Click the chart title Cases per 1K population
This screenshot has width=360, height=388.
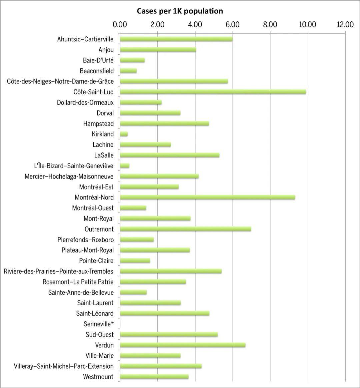pyautogui.click(x=180, y=11)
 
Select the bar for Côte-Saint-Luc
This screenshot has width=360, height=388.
pyautogui.click(x=213, y=92)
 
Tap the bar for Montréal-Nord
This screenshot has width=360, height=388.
pyautogui.click(x=207, y=198)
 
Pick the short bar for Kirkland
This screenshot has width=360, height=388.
pyautogui.click(x=124, y=134)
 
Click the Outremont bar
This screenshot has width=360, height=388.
pyautogui.click(x=185, y=229)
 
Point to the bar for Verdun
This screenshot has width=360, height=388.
pyautogui.click(x=183, y=345)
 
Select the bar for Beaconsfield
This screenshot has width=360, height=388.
pyautogui.click(x=128, y=71)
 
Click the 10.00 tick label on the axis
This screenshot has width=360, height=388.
pyautogui.click(x=307, y=25)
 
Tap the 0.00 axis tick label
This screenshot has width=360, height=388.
pyautogui.click(x=120, y=25)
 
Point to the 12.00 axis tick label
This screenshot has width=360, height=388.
pyautogui.click(x=345, y=25)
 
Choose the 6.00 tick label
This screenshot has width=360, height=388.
pyautogui.click(x=232, y=25)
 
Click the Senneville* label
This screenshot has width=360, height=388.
pyautogui.click(x=99, y=324)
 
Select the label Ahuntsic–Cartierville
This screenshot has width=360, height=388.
pyautogui.click(x=85, y=39)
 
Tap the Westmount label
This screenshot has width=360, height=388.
pyautogui.click(x=98, y=377)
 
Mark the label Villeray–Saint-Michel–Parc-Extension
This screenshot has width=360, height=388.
pyautogui.click(x=64, y=366)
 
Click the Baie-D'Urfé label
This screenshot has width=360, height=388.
pyautogui.click(x=98, y=60)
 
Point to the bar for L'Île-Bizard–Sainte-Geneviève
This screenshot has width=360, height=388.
pyautogui.click(x=125, y=166)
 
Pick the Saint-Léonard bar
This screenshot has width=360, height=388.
pyautogui.click(x=165, y=313)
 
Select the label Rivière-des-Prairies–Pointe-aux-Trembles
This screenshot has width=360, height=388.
pyautogui.click(x=59, y=271)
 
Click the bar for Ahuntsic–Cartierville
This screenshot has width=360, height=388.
pyautogui.click(x=176, y=39)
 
